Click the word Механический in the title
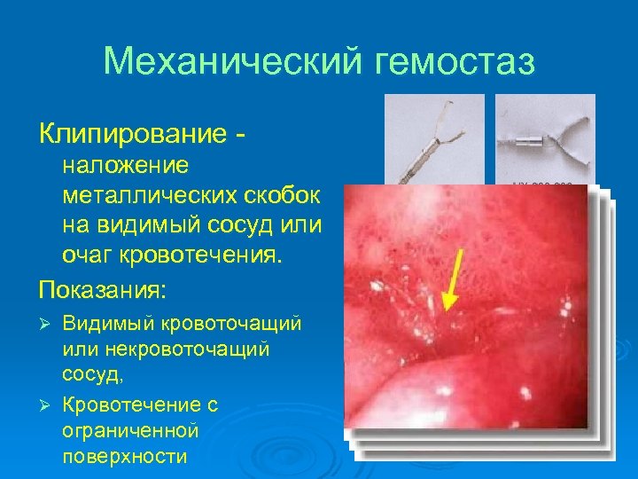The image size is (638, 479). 232,62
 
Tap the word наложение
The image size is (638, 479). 125,165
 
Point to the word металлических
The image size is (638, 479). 146,195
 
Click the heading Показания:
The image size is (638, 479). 102,290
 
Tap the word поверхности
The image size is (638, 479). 124,457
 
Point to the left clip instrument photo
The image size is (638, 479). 434,138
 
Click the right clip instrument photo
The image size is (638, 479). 544,138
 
